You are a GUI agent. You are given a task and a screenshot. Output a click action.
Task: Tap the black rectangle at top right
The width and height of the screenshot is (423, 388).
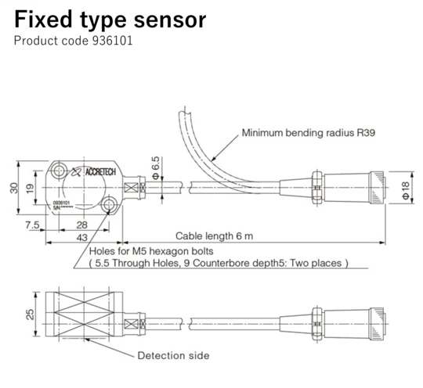pos(320,32)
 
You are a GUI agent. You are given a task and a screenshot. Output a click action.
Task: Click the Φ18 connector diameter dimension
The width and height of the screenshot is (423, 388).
pos(404,188)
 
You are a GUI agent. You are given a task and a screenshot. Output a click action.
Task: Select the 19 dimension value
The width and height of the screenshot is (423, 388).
pos(28,188)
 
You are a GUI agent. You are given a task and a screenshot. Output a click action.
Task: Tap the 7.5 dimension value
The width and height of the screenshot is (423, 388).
pos(32,225)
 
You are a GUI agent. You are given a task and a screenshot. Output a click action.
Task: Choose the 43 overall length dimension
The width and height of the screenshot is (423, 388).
pos(81,237)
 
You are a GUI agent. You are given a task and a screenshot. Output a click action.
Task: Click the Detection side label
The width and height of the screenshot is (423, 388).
pos(173,355)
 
